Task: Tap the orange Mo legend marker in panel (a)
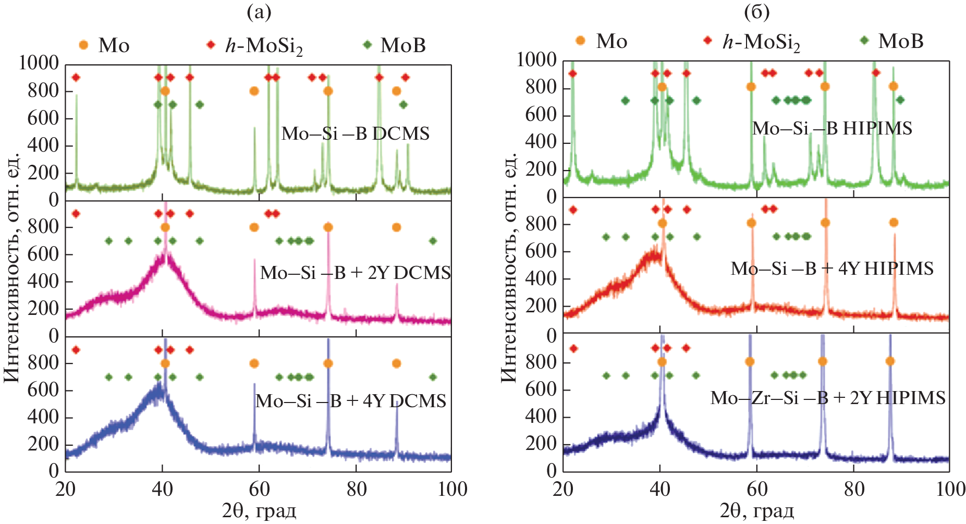tap(83, 45)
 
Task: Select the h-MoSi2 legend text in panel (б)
tap(761, 42)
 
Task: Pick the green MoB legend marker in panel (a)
tap(368, 45)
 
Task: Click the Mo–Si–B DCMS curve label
tap(356, 134)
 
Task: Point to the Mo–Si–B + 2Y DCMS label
tap(356, 273)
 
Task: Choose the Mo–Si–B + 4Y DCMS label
tap(351, 401)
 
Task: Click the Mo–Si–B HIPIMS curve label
tap(832, 129)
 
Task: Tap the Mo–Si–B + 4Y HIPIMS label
tap(832, 269)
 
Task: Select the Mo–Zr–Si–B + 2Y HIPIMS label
tap(828, 398)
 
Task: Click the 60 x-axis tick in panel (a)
tap(259, 489)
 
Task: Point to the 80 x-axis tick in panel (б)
tap(854, 489)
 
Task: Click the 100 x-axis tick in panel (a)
tap(453, 489)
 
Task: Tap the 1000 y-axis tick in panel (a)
tap(39, 63)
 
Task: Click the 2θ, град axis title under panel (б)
tap(757, 511)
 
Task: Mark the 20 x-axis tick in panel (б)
tap(563, 489)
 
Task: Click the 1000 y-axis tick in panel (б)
tap(536, 60)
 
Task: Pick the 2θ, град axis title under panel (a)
tap(259, 511)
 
